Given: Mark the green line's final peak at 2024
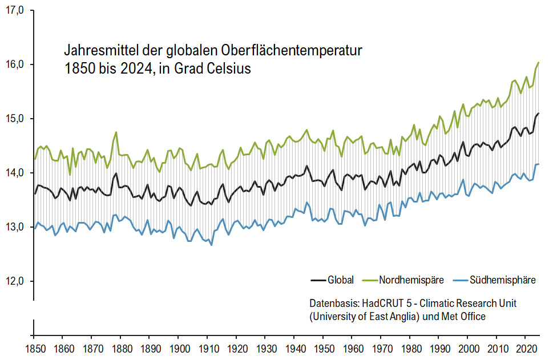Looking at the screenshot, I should coord(538,62).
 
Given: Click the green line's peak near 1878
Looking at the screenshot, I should coord(116,132).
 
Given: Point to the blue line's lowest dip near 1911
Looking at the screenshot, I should coord(211,245).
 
